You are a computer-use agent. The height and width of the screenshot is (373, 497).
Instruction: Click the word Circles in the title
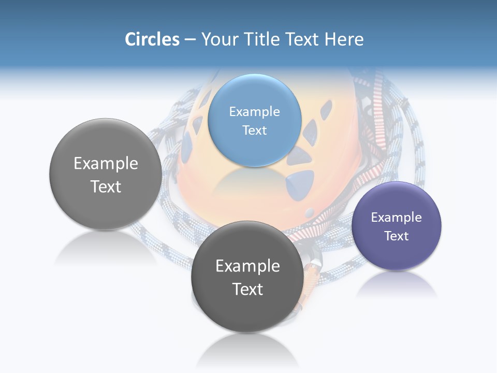[152, 39]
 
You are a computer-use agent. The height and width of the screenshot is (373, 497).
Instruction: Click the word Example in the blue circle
[255, 111]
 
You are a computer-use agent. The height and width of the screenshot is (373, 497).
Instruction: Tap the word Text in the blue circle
[255, 130]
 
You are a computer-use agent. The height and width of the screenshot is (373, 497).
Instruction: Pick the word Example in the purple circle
[397, 217]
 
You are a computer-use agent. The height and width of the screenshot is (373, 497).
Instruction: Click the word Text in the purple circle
[397, 236]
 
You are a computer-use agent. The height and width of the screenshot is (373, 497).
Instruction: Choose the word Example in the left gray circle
[106, 163]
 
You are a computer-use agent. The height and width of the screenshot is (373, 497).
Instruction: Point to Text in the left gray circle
[106, 187]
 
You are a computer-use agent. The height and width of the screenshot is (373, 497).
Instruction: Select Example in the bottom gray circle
[247, 266]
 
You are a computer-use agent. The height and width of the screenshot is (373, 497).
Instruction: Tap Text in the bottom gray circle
[247, 289]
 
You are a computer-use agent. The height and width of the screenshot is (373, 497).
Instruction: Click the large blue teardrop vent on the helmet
[301, 184]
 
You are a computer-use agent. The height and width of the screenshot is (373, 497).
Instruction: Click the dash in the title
[189, 40]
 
